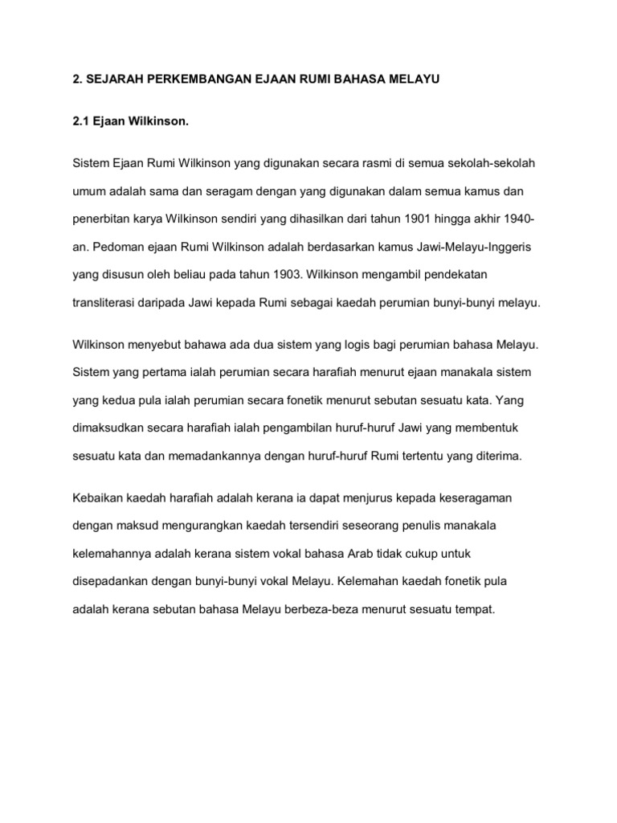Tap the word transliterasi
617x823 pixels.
pos(108,303)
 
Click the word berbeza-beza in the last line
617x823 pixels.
pos(312,610)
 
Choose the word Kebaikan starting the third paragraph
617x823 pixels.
pos(99,497)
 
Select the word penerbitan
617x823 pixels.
pos(101,219)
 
